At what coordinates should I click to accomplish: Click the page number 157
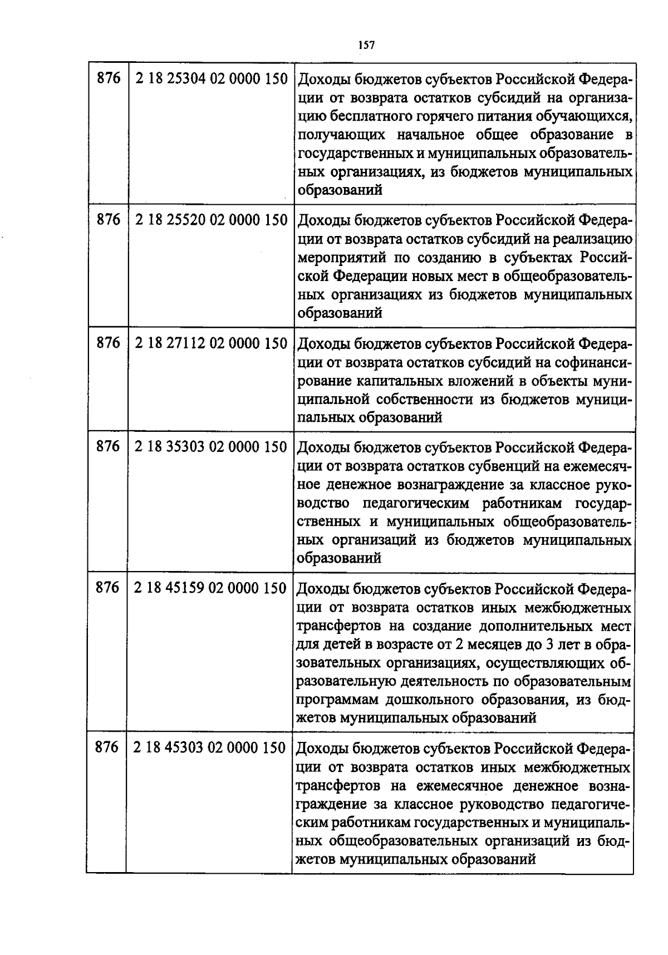(365, 45)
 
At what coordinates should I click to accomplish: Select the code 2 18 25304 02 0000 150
(211, 79)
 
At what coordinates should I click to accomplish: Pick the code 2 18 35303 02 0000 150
(211, 446)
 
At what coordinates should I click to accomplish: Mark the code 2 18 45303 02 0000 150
(210, 747)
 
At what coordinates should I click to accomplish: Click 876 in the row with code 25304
(108, 79)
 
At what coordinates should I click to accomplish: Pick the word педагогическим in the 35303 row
(417, 504)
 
